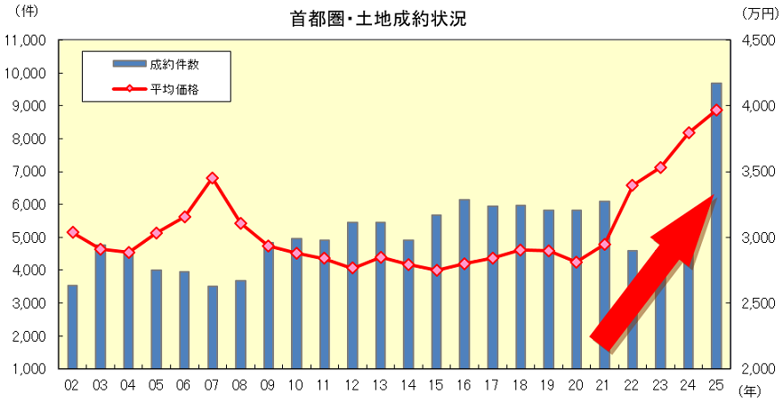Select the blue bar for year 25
click(716, 222)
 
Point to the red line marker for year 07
click(213, 178)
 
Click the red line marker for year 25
click(716, 109)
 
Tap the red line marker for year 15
click(437, 270)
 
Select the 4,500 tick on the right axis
click(759, 41)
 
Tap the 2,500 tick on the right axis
click(759, 303)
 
